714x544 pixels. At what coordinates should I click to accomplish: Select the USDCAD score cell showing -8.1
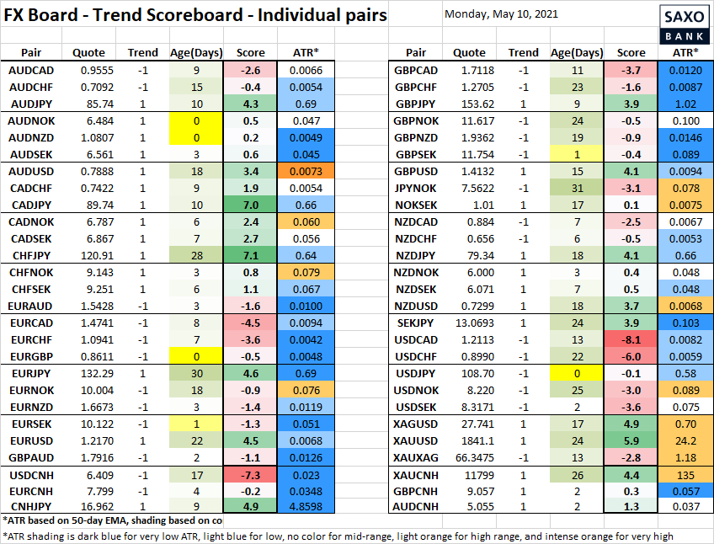click(631, 339)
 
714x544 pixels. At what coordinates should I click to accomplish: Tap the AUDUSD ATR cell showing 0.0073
click(306, 171)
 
